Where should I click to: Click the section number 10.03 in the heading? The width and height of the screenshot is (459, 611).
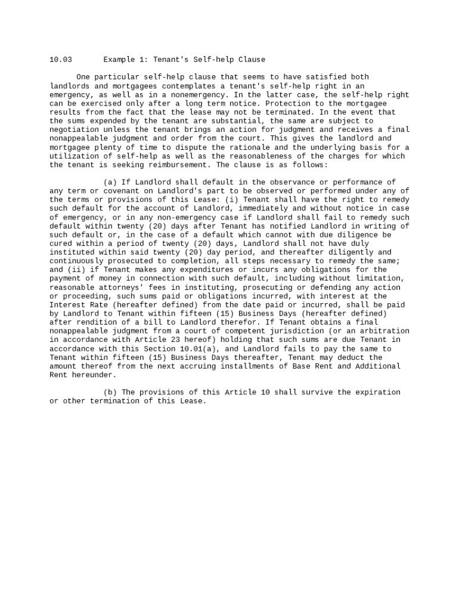click(61, 60)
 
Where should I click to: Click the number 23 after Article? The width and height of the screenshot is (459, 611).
click(153, 340)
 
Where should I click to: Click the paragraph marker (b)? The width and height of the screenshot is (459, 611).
click(110, 393)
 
